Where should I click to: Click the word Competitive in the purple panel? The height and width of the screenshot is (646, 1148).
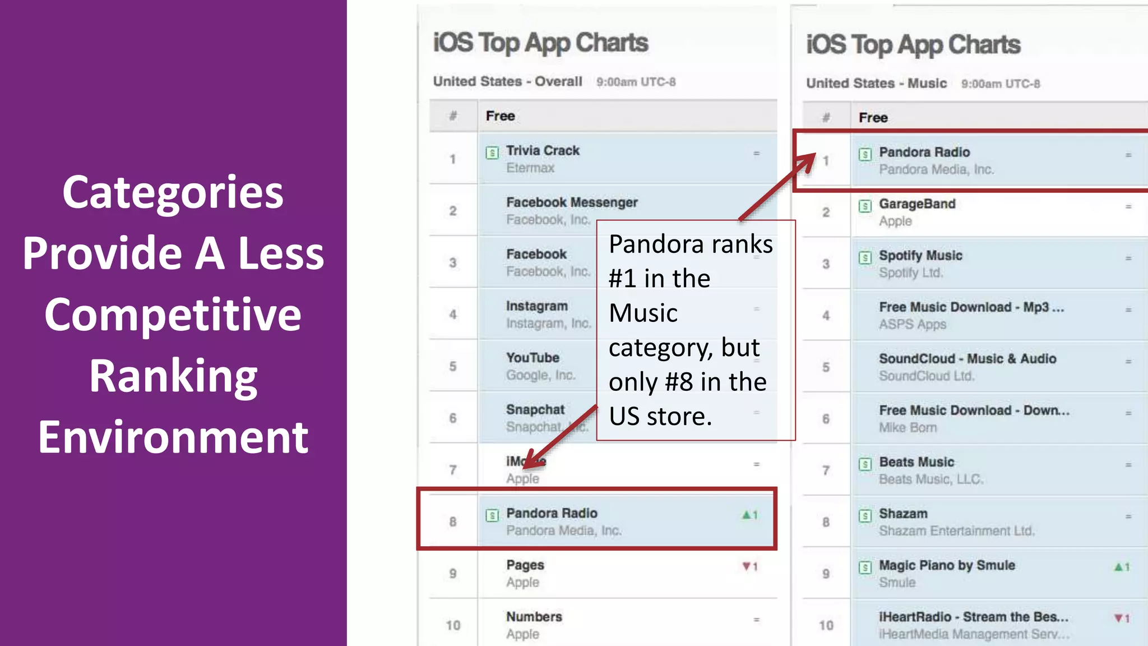click(173, 315)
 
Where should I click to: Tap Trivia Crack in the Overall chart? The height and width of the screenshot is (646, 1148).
click(543, 151)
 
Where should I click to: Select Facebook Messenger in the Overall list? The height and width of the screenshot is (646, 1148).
click(572, 202)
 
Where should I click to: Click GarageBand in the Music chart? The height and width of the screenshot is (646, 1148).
click(917, 204)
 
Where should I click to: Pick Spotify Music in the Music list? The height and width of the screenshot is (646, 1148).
click(920, 256)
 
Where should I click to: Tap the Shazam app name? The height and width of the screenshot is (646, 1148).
click(903, 514)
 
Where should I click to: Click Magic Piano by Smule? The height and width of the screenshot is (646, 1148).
click(947, 565)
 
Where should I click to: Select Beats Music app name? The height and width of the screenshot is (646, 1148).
click(916, 462)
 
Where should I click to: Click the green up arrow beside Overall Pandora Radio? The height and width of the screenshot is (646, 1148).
click(746, 515)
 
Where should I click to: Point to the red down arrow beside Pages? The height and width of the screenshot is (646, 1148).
click(746, 566)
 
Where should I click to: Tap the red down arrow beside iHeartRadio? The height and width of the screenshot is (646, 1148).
click(1118, 618)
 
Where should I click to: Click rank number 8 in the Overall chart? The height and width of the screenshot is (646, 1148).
click(453, 522)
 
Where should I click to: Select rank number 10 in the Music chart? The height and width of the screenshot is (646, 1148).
click(826, 625)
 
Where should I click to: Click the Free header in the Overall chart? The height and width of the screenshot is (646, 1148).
click(500, 116)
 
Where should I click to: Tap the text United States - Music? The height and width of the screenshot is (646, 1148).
click(876, 84)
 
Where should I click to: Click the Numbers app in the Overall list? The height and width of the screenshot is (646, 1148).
click(534, 617)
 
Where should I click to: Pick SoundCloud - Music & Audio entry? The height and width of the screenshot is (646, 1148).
click(968, 359)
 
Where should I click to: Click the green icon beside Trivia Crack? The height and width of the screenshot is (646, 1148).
click(492, 153)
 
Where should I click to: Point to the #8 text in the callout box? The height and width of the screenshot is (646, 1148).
click(679, 382)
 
